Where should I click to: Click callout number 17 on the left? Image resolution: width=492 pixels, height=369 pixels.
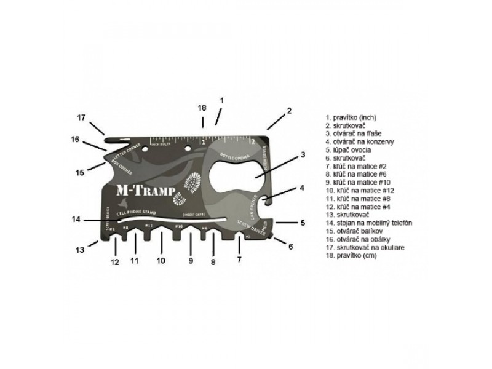tap(81, 117)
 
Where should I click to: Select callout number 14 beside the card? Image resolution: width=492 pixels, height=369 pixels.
tap(76, 220)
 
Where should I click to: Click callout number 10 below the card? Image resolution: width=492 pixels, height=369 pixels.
tap(161, 260)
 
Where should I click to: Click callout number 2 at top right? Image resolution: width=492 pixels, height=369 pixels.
tap(288, 111)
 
